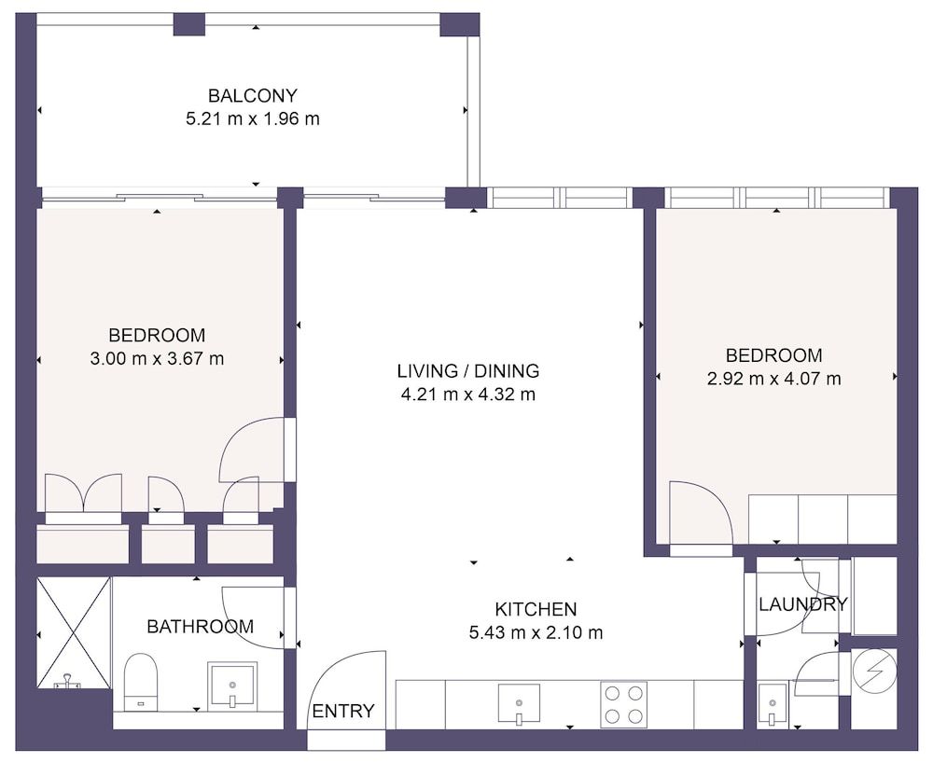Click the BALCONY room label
(x=252, y=95)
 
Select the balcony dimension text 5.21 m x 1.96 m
(x=253, y=118)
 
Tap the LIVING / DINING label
(x=467, y=370)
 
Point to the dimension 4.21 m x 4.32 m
(x=467, y=394)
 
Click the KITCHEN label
(x=536, y=609)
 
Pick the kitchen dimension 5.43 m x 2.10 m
(x=536, y=632)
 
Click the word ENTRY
(x=343, y=711)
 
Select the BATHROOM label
(x=200, y=627)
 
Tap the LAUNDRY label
(x=802, y=604)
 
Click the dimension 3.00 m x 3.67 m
(x=157, y=358)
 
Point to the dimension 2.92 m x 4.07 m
(x=773, y=379)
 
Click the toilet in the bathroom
(x=141, y=681)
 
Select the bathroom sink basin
(x=231, y=686)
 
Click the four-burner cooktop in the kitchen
(x=624, y=703)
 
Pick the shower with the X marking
(x=74, y=631)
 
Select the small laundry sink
(x=772, y=702)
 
